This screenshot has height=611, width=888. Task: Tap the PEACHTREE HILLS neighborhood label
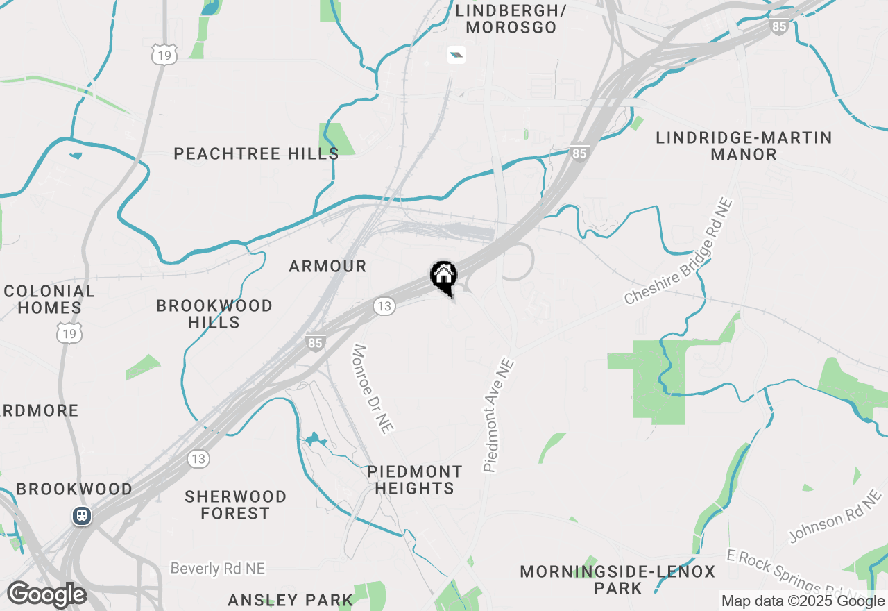[x=256, y=153]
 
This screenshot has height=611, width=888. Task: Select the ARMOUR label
[x=327, y=266]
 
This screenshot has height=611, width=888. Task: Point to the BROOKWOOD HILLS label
[x=214, y=314]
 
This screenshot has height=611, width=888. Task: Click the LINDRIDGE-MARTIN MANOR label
[x=744, y=146]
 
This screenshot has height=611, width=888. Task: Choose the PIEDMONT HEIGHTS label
[x=415, y=480]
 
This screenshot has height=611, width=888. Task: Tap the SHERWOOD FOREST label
[x=236, y=505]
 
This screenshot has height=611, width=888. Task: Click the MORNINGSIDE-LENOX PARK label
[x=617, y=580]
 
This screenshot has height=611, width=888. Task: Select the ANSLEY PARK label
[x=291, y=600]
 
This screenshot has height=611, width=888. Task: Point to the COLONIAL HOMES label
[x=49, y=299]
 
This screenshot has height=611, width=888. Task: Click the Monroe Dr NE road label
[x=373, y=389]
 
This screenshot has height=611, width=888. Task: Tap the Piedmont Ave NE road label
[x=499, y=415]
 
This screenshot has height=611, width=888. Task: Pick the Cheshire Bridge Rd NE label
[x=678, y=251]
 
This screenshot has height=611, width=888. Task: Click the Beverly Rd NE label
[x=218, y=569]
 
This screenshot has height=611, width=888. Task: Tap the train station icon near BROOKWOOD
[x=82, y=517]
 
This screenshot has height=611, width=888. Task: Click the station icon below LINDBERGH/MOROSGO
[x=456, y=55]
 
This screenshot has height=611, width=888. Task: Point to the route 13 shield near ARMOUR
[x=384, y=306]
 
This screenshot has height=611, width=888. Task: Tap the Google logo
[x=46, y=595]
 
